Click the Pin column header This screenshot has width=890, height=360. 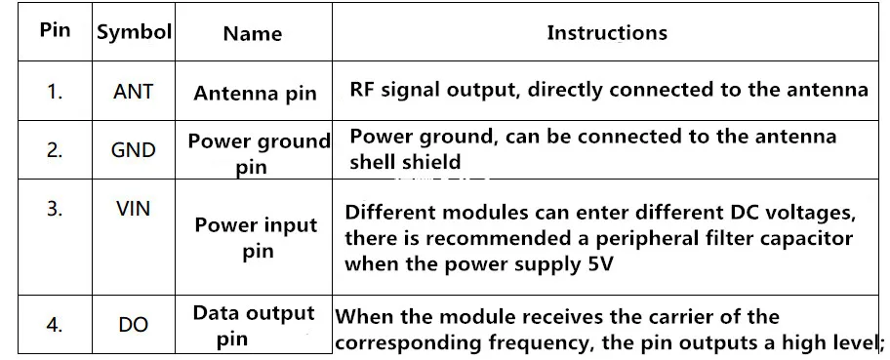(55, 29)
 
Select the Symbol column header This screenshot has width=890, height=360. (134, 32)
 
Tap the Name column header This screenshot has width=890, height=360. (252, 33)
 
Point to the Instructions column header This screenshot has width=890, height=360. (607, 32)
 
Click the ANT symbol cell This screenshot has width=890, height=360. (133, 92)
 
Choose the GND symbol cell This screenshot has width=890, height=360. (133, 150)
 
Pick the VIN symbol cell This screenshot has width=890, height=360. (133, 209)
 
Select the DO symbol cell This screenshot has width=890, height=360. (133, 325)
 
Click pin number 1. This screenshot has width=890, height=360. (55, 92)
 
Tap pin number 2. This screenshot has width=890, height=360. (55, 150)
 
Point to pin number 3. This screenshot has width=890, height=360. (55, 209)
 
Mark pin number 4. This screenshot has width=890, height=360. (55, 325)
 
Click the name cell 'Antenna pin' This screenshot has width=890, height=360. (255, 93)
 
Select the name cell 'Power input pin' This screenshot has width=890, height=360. (256, 238)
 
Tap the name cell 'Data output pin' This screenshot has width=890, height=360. (254, 326)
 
